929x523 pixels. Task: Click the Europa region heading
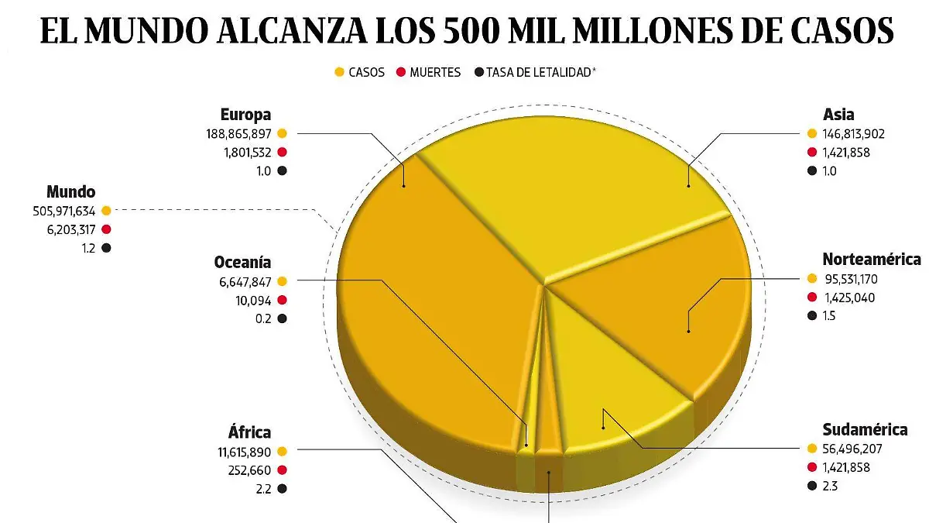tap(245, 115)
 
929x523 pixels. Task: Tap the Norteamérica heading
tap(871, 259)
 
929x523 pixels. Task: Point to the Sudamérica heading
tap(864, 429)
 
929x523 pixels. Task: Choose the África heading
tap(249, 432)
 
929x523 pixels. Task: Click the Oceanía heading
tap(242, 262)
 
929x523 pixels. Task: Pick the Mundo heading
tap(70, 191)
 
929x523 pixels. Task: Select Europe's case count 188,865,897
tap(234, 134)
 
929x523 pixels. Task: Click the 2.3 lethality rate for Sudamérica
tap(831, 486)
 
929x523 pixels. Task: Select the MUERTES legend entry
tap(434, 72)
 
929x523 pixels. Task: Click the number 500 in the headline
tap(473, 31)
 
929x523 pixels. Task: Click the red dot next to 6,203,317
tap(106, 229)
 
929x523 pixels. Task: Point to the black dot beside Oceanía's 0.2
tap(282, 318)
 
